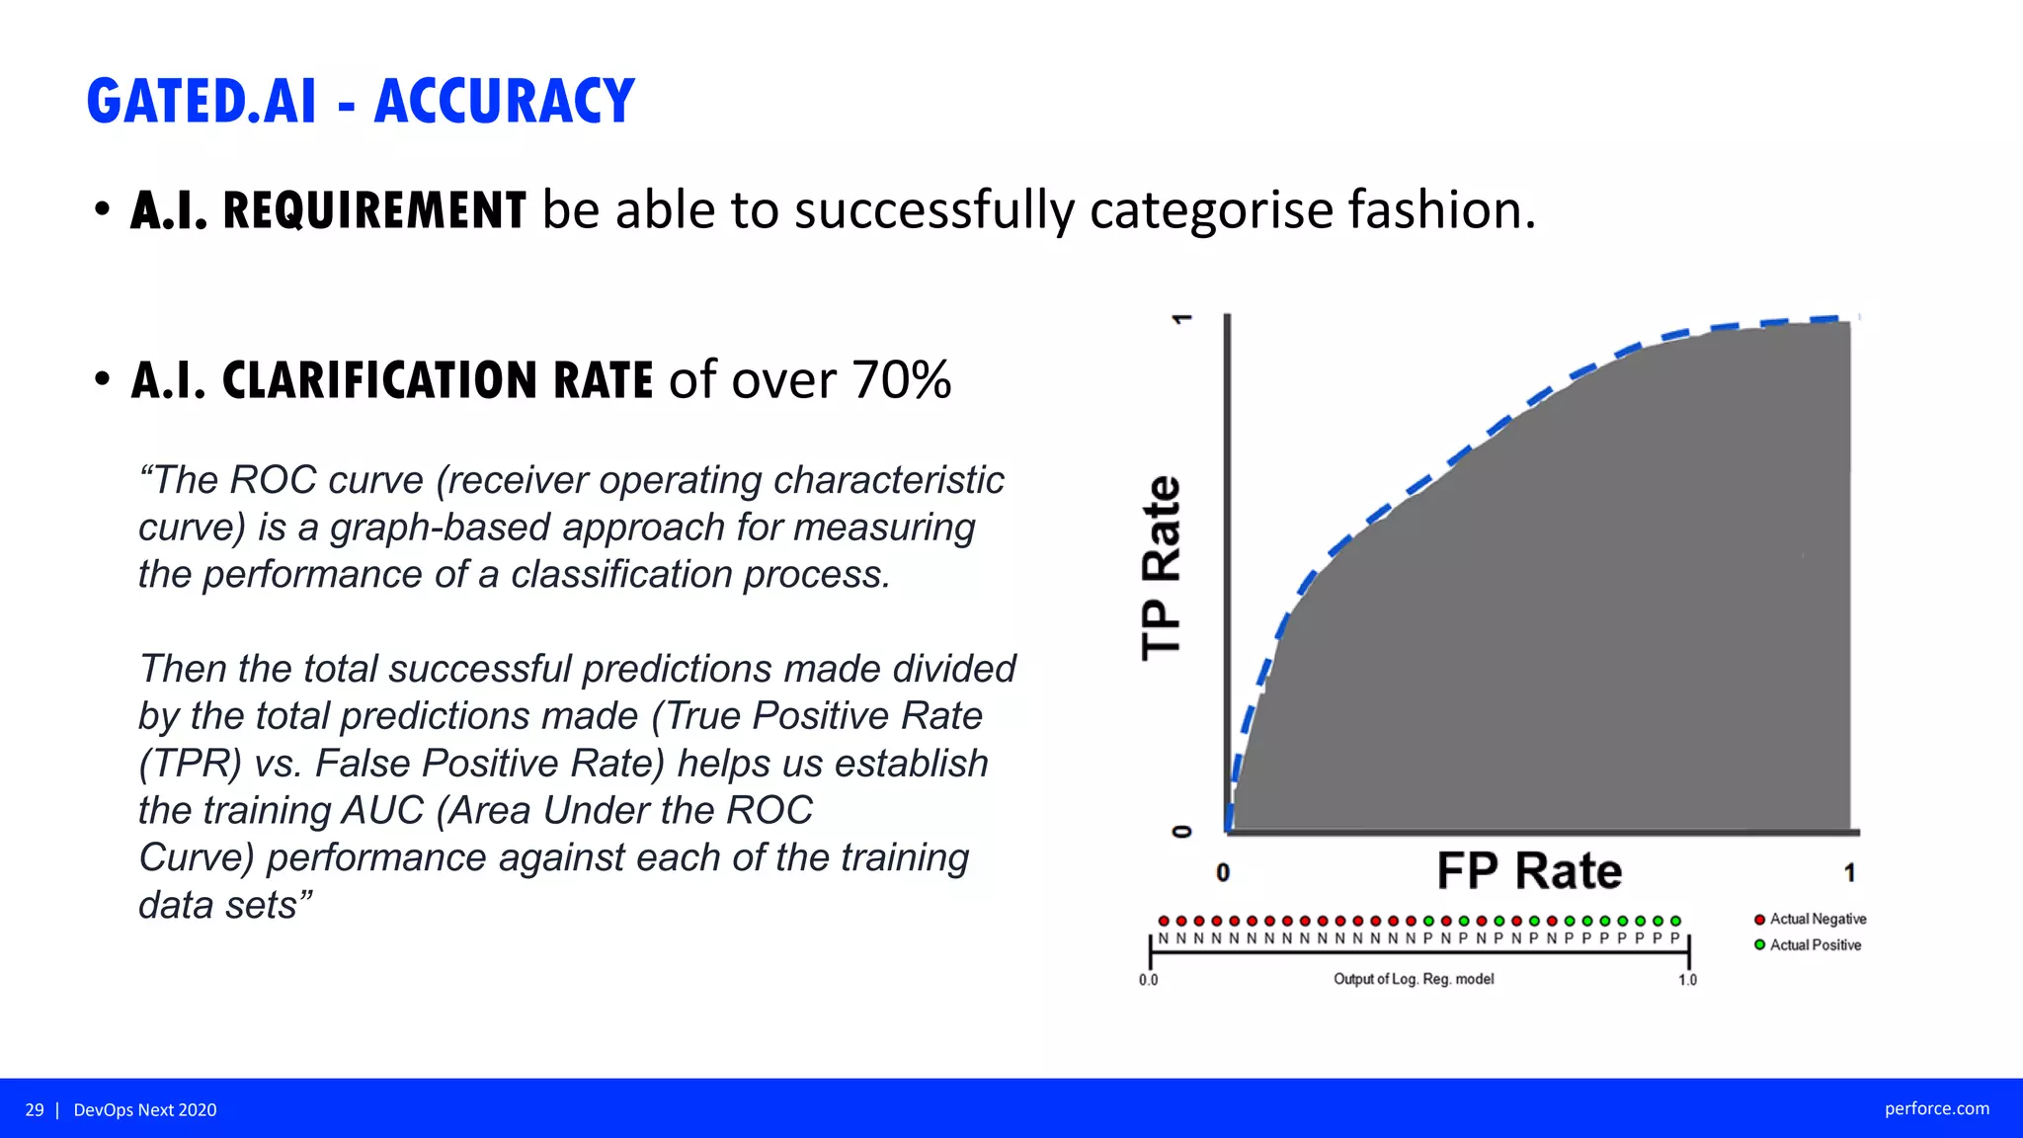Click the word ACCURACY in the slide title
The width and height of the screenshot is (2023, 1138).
pyautogui.click(x=505, y=101)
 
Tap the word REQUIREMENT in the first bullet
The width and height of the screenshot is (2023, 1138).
pyautogui.click(x=374, y=210)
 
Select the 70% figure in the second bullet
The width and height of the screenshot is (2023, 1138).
pyautogui.click(x=901, y=380)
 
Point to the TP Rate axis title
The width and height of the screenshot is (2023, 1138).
pyautogui.click(x=1162, y=567)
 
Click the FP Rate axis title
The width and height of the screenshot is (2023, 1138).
pyautogui.click(x=1529, y=871)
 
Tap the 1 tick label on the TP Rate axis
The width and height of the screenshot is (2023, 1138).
pyautogui.click(x=1181, y=319)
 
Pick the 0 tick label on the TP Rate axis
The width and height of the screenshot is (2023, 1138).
pyautogui.click(x=1181, y=831)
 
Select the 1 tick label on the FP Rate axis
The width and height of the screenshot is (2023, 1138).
pyautogui.click(x=1849, y=873)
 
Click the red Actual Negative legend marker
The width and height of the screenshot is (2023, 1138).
pyautogui.click(x=1759, y=920)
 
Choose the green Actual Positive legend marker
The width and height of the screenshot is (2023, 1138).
pyautogui.click(x=1759, y=945)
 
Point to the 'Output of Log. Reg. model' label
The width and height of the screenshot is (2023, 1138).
pyautogui.click(x=1414, y=979)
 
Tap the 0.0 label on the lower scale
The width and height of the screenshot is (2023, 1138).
pyautogui.click(x=1148, y=980)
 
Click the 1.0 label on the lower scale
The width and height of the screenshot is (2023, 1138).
pyautogui.click(x=1687, y=980)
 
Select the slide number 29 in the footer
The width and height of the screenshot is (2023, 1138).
pyautogui.click(x=35, y=1110)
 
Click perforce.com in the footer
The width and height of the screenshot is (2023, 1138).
pyautogui.click(x=1936, y=1108)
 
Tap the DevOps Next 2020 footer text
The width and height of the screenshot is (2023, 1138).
pyautogui.click(x=145, y=1110)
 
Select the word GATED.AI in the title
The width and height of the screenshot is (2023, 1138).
pyautogui.click(x=202, y=101)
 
